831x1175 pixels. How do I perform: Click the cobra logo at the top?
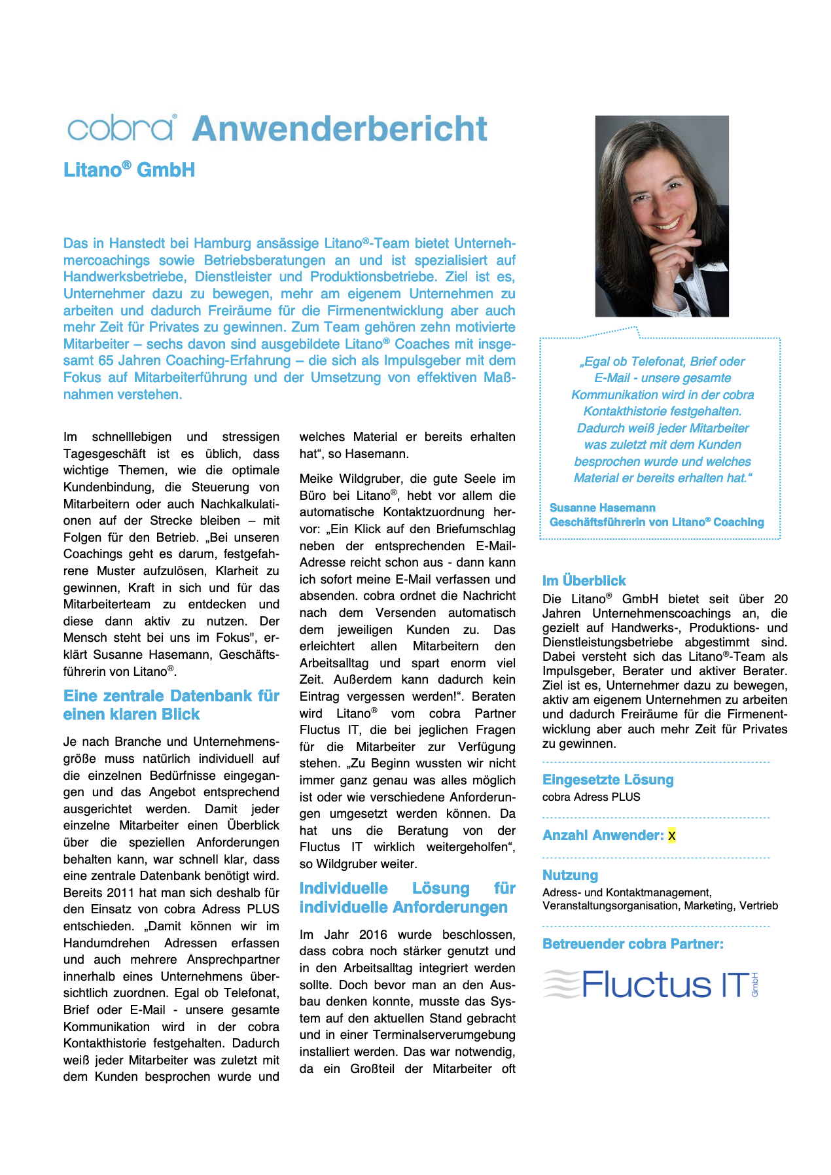[121, 128]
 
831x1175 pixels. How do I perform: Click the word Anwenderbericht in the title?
[340, 129]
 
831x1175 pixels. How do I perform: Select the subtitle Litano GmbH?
[129, 170]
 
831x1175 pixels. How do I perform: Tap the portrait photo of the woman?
[662, 216]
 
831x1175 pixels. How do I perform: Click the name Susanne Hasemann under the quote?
[602, 508]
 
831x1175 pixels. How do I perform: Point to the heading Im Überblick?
[584, 581]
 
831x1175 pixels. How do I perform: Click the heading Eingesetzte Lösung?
[608, 780]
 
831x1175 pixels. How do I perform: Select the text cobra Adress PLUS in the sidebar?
[591, 797]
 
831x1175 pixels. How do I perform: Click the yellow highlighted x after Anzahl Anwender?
[671, 835]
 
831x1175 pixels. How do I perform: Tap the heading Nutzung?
[570, 875]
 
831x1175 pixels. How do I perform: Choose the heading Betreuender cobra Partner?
[633, 944]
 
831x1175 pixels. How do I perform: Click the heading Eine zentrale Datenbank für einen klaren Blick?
[171, 705]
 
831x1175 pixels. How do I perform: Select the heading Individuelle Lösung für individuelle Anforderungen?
[407, 898]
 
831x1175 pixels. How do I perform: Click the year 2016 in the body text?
[373, 935]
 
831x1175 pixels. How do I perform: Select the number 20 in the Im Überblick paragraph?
[781, 599]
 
